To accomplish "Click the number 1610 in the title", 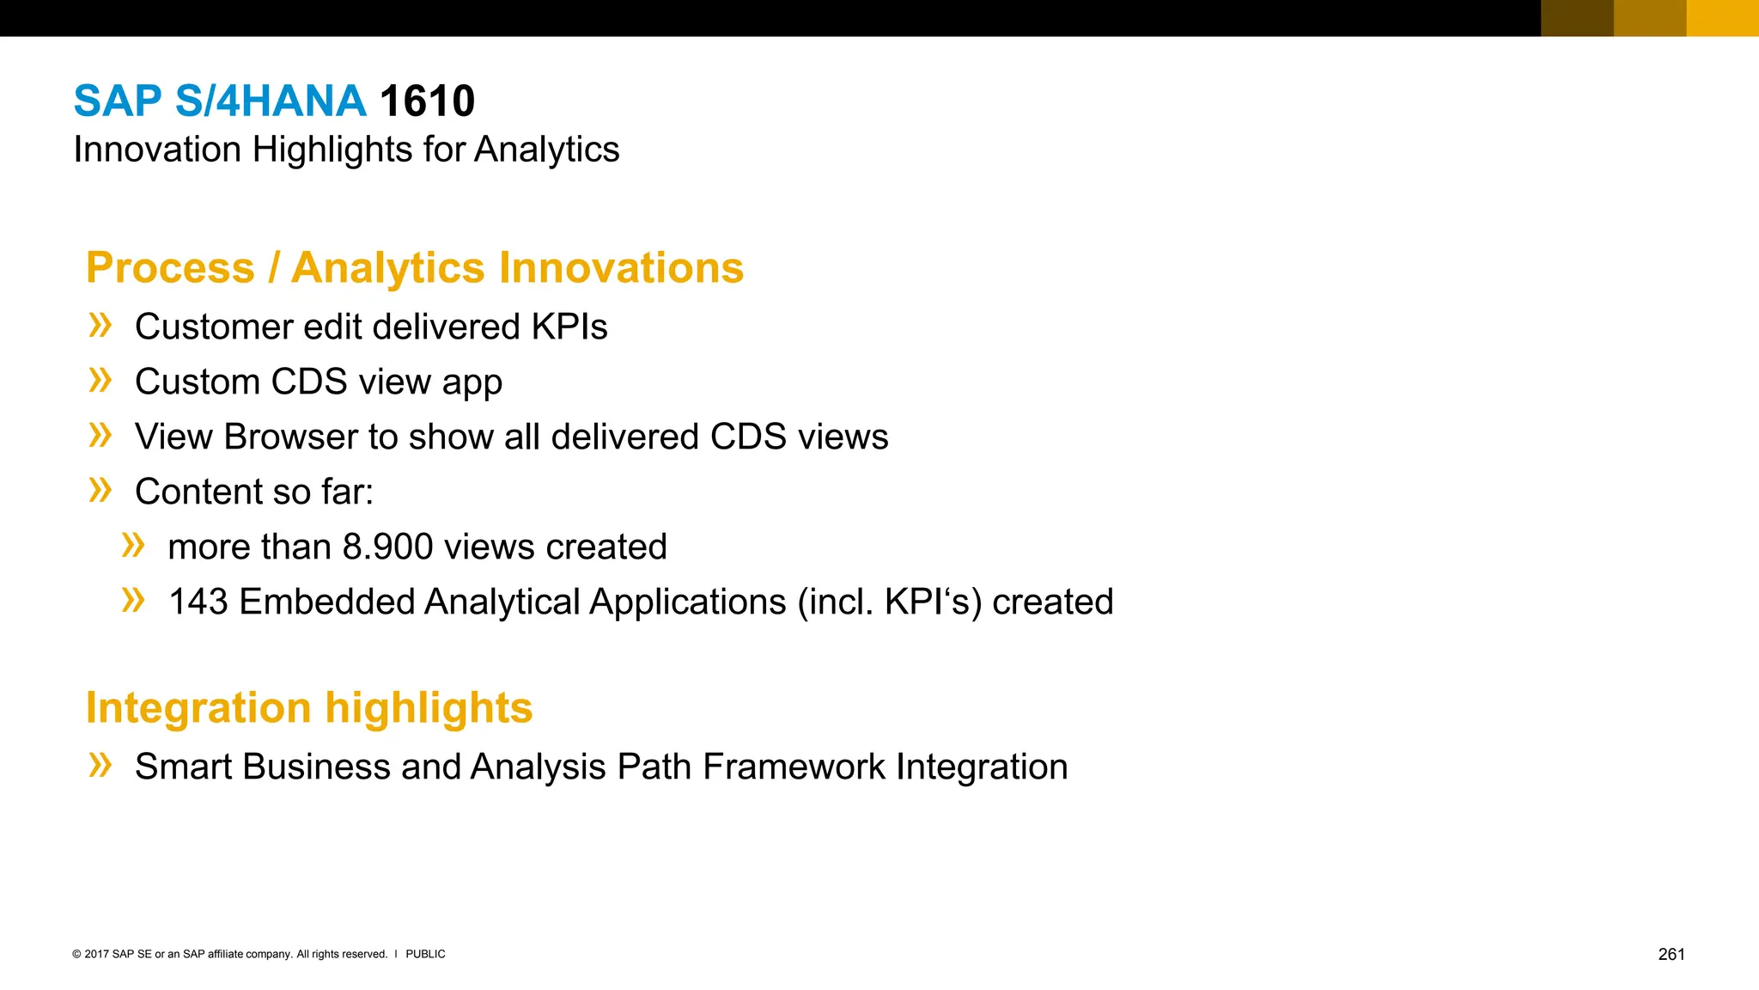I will coord(427,101).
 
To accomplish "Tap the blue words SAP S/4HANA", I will coord(220,101).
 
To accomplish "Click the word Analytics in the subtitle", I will coord(546,150).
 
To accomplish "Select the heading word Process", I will coord(170,268).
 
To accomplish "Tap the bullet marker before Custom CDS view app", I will coord(100,380).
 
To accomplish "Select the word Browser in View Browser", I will coord(290,437).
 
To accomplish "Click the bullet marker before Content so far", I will coord(100,490).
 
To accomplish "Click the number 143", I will coord(198,602).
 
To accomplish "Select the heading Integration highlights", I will coord(309,708).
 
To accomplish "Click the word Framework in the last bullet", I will coord(794,767).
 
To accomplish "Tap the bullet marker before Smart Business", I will coord(100,765).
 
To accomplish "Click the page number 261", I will coord(1671,955).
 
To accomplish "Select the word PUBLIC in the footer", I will coord(425,955).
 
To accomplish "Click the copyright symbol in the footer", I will coord(76,955).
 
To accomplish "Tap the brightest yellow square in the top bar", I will coord(1722,18).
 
